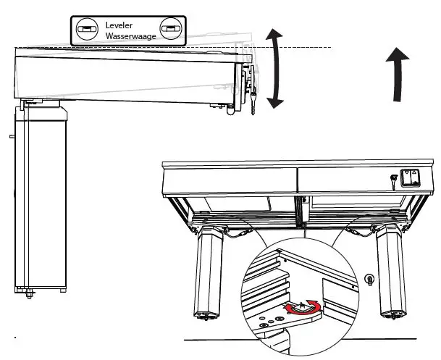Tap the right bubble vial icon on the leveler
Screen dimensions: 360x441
pos(170,29)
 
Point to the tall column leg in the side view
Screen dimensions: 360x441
pos(41,196)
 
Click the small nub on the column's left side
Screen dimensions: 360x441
pos(12,135)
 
